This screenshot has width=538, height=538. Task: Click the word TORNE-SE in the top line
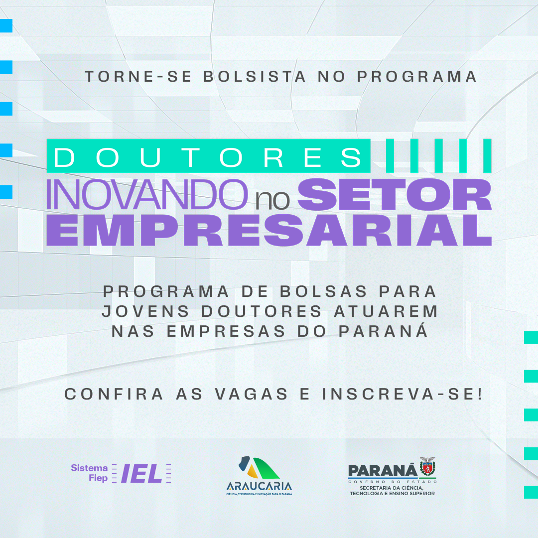pyautogui.click(x=138, y=76)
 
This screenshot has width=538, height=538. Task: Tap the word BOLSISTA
pyautogui.click(x=254, y=76)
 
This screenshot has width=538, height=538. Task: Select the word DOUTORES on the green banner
pyautogui.click(x=208, y=157)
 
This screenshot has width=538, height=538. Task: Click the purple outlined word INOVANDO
pyautogui.click(x=146, y=195)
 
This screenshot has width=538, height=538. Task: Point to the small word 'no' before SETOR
pyautogui.click(x=272, y=200)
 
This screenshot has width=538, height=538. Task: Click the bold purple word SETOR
pyautogui.click(x=394, y=195)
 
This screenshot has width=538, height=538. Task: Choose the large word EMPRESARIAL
pyautogui.click(x=269, y=230)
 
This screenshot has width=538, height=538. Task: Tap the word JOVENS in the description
pyautogui.click(x=145, y=311)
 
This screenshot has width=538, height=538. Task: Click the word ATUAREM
pyautogui.click(x=386, y=311)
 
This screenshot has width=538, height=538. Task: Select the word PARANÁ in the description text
pyautogui.click(x=383, y=331)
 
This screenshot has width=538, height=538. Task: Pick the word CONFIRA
pyautogui.click(x=114, y=394)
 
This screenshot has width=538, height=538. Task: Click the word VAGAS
pyautogui.click(x=252, y=394)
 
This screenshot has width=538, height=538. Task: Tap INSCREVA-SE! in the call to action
pyautogui.click(x=403, y=394)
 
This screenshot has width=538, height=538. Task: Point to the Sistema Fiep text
pyautogui.click(x=90, y=473)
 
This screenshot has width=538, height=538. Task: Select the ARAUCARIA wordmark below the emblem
pyautogui.click(x=259, y=486)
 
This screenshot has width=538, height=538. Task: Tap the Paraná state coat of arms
pyautogui.click(x=427, y=467)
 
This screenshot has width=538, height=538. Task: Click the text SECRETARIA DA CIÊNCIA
pyautogui.click(x=392, y=488)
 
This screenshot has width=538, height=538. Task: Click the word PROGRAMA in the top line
pyautogui.click(x=417, y=76)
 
